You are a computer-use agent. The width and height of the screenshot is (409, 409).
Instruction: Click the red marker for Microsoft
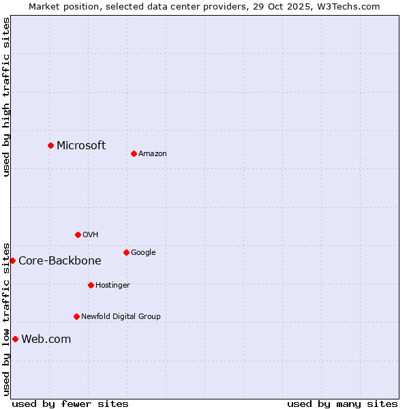50,145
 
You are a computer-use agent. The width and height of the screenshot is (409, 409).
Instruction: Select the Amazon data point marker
134,153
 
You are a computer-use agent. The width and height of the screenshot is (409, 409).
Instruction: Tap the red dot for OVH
78,234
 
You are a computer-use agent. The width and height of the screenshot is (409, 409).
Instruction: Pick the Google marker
126,252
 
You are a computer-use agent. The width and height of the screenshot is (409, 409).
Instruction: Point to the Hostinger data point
91,285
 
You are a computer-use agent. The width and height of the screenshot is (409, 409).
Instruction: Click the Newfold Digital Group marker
76,316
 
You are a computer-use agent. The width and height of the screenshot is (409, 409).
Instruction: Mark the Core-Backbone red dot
12,260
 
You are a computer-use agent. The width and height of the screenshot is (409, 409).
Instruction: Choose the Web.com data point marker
15,339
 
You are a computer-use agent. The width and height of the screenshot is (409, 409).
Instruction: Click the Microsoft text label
81,145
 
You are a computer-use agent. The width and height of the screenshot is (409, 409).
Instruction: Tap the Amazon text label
153,153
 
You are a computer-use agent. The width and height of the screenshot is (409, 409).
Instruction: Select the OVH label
91,234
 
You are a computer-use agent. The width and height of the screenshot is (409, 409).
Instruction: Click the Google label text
143,252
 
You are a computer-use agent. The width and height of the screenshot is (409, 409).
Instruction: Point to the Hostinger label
112,285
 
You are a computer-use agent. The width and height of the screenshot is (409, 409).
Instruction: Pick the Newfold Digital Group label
121,316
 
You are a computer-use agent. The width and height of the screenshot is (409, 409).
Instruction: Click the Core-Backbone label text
60,260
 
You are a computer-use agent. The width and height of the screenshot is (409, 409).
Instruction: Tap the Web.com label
46,339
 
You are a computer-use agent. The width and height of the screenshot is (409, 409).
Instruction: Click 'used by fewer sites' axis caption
70,404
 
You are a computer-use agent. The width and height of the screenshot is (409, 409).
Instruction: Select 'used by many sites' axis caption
342,404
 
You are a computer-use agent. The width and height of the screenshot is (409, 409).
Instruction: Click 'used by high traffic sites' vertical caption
6,97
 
